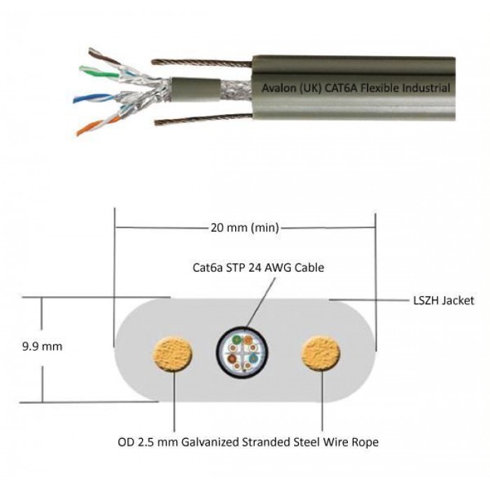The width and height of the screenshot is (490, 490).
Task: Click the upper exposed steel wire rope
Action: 202,63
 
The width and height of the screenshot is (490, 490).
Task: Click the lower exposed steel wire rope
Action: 204,119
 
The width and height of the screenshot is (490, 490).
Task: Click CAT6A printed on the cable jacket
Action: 341,87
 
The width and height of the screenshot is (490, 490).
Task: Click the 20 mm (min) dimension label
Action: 245,227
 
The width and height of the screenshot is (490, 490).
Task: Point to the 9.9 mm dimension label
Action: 42,346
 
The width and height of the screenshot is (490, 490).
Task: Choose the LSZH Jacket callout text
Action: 443,300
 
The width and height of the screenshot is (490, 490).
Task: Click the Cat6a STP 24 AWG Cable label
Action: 258,267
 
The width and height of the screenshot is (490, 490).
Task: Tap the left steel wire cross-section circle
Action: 172,354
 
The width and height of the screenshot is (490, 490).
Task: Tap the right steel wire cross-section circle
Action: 321,353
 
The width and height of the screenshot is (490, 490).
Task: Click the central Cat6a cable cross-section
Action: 243,353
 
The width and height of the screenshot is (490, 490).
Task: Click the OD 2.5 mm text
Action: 148,442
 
